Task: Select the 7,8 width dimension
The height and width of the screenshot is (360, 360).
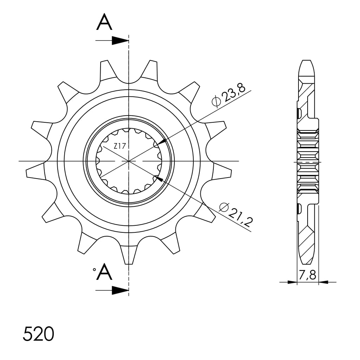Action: (307, 275)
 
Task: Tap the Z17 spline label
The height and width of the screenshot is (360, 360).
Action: (120, 146)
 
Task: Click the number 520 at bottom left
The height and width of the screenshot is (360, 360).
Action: (38, 334)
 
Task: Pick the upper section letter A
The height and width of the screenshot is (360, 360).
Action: (104, 22)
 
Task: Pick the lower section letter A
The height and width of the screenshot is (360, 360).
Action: (104, 272)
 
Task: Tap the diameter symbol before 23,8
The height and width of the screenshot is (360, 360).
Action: (216, 102)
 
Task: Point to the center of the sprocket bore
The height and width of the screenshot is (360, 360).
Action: (129, 161)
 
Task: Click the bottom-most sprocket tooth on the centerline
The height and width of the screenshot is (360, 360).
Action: (129, 255)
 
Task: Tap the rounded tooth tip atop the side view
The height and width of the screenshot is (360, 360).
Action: (306, 65)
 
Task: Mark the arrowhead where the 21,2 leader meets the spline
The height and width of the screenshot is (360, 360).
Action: (159, 179)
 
